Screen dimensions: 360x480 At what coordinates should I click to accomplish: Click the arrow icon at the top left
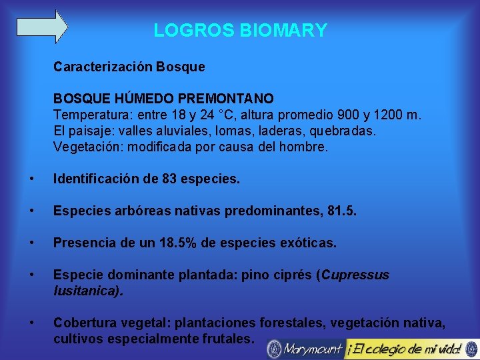(x=42, y=27)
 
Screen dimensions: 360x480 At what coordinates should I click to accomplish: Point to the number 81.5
(x=345, y=211)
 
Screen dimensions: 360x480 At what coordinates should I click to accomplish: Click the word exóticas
(x=309, y=243)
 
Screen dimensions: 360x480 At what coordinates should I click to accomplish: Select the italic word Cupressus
(x=357, y=275)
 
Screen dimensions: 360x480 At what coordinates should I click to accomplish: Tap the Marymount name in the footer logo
(x=312, y=348)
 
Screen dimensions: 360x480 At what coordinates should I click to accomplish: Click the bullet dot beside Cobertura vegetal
(x=31, y=323)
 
